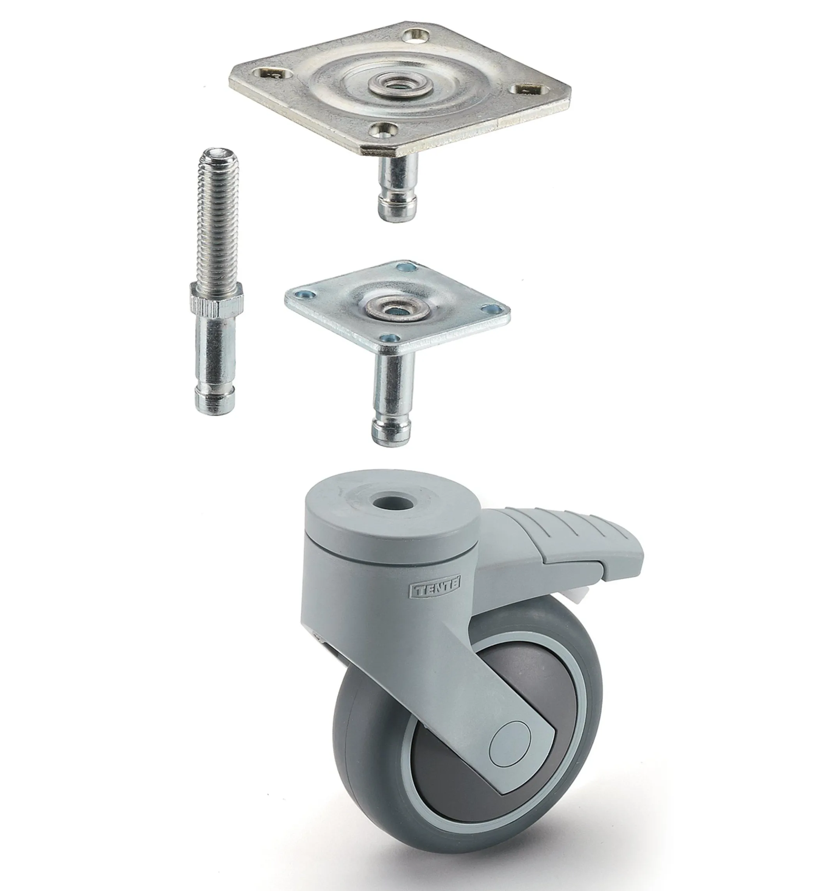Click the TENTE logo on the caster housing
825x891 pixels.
click(435, 591)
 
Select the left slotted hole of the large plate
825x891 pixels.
click(274, 73)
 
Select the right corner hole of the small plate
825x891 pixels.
click(492, 308)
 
